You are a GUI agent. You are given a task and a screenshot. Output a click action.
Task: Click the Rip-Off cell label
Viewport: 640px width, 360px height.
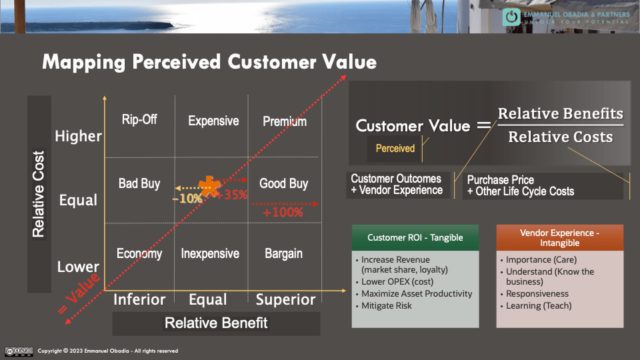139,120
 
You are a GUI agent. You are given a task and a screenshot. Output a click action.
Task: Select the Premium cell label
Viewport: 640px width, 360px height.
285,121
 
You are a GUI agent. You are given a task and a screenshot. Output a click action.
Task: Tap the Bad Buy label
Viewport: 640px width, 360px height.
139,183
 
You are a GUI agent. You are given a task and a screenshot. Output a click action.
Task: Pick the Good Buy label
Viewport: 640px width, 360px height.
283,183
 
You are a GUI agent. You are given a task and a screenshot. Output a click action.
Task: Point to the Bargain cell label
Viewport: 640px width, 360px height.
283,254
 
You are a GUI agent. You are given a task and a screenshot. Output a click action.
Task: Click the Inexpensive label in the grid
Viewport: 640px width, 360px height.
210,254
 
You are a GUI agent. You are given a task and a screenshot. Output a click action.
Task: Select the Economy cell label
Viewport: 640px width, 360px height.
139,254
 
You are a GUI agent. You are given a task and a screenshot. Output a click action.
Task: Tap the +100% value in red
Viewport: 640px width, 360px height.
283,213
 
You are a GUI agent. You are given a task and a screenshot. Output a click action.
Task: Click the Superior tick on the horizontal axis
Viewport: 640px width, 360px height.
285,300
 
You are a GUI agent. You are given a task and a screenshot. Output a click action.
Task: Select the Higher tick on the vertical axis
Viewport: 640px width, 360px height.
78,137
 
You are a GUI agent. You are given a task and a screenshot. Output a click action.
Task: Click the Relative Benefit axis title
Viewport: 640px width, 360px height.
216,323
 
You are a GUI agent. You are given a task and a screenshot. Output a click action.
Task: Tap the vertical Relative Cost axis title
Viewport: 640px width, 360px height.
39,194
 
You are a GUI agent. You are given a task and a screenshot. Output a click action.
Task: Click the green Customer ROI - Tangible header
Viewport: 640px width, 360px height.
415,237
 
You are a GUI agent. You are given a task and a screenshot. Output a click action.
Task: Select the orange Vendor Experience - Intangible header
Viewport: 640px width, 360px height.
559,238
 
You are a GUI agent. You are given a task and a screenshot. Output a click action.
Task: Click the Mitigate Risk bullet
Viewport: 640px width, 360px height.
387,306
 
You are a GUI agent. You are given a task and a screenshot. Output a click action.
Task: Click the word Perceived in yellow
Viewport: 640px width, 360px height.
395,149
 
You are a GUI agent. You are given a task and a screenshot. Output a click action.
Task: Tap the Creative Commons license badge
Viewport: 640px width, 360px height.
19,351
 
